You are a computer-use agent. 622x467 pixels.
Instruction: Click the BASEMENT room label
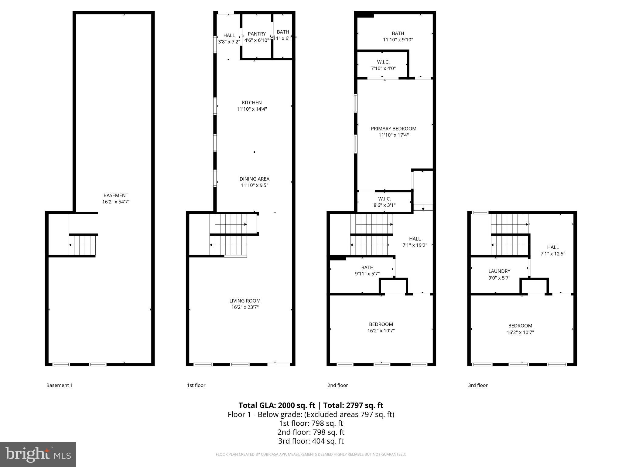point(116,195)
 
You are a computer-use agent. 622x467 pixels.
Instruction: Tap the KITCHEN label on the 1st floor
point(251,103)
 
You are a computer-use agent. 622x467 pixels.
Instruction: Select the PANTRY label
point(257,34)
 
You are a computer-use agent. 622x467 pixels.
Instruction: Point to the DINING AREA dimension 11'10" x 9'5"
point(254,185)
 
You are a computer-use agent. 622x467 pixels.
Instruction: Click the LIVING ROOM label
point(245,301)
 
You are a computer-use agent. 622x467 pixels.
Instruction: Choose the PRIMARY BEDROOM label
point(393,129)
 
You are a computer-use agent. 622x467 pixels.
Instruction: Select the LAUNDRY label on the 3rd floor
point(499,271)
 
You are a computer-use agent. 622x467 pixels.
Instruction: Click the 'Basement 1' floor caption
point(60,385)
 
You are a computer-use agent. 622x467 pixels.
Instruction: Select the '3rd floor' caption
point(477,385)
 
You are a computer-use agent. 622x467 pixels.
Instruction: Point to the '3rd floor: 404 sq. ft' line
point(311,441)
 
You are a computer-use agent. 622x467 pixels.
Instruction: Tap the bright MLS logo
point(38,454)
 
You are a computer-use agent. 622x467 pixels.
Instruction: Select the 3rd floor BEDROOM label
point(520,326)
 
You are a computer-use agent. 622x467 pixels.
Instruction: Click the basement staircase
point(82,245)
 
